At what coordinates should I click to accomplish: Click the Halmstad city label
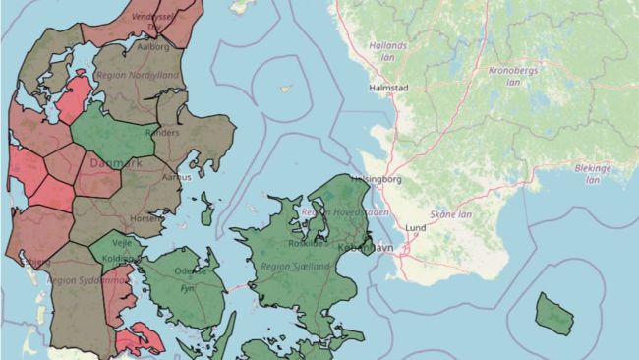click(x=387, y=88)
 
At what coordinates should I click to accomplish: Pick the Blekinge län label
click(x=593, y=173)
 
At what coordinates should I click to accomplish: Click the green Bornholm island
click(x=554, y=313)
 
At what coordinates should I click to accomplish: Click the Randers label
click(x=162, y=132)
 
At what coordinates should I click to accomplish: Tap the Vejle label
click(x=122, y=240)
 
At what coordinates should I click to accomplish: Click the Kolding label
click(x=131, y=259)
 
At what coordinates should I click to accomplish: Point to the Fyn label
click(x=187, y=289)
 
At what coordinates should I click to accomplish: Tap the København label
click(x=365, y=248)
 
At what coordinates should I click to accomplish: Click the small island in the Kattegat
click(x=287, y=88)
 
